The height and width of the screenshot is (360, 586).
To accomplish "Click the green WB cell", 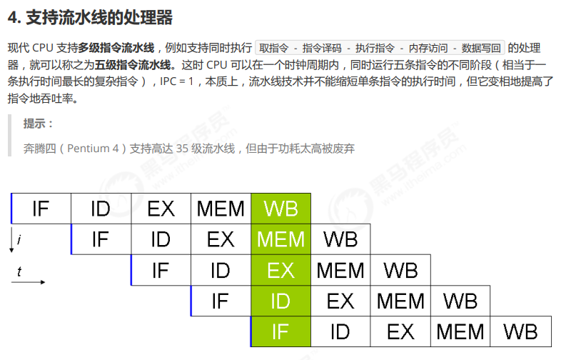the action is click(281, 209).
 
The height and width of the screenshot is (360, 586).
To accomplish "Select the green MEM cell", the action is click(281, 239).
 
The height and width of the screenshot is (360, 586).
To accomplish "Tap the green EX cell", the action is click(281, 270).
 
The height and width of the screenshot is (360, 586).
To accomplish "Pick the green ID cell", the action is click(281, 301).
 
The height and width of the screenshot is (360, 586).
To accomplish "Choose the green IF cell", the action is click(281, 331).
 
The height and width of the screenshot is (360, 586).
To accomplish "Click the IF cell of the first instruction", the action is click(41, 209).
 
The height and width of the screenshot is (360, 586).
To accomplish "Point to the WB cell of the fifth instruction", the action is click(520, 331).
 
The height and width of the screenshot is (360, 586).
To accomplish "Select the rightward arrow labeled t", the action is click(28, 281).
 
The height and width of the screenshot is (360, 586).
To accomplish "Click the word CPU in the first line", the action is click(44, 49).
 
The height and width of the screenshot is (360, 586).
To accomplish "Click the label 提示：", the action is click(39, 124).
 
